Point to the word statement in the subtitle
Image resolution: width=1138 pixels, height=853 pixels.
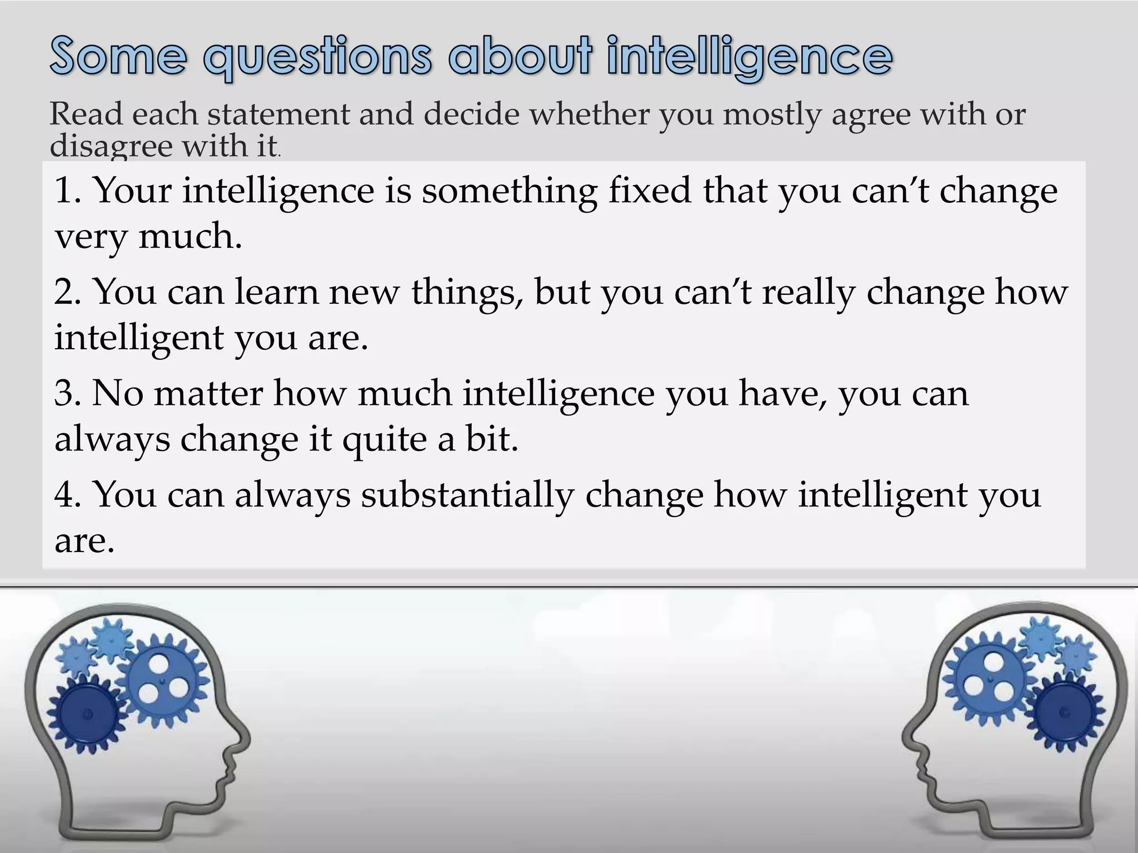point(277,114)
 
